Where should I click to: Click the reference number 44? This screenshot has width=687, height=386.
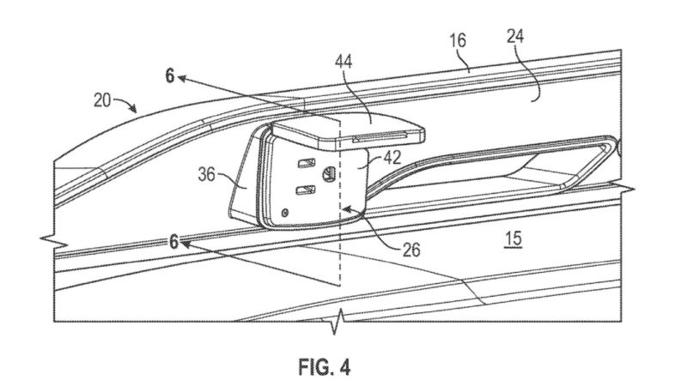point(343,62)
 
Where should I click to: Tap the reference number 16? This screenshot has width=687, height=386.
point(458,40)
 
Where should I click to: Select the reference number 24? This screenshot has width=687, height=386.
point(515,36)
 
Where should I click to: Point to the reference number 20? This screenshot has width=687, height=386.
point(102,100)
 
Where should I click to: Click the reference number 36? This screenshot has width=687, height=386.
point(207,174)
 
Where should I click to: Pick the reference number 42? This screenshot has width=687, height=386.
point(392,158)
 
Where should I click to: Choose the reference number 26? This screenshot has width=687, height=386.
point(411,250)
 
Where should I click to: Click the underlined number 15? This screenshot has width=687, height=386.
point(513,238)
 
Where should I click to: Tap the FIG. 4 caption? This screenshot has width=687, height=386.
point(325,367)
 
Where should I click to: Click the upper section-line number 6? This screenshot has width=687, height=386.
point(170,75)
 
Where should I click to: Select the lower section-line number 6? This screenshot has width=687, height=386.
point(174,241)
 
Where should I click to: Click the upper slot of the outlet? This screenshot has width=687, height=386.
point(307,164)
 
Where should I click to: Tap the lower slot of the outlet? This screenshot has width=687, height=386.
point(306,190)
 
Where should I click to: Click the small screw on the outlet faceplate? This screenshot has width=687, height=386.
point(285,213)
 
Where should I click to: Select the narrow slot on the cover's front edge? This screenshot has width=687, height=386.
point(379,137)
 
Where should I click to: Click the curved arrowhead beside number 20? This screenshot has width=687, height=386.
point(133,108)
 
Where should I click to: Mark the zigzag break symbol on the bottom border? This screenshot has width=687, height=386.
point(337,321)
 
